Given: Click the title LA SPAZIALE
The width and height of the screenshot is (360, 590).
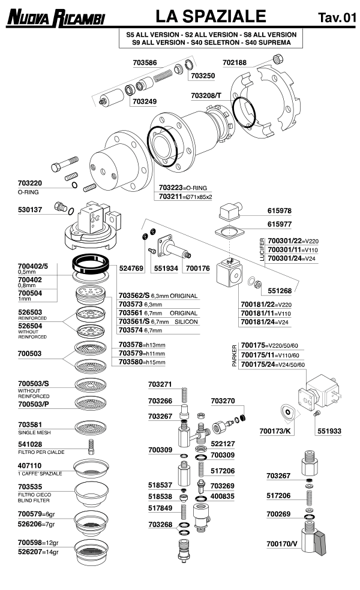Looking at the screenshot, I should click(x=210, y=15).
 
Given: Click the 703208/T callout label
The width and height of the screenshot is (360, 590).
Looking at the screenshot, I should click(x=206, y=95).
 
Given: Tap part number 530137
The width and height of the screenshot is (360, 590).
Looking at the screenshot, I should click(x=30, y=210).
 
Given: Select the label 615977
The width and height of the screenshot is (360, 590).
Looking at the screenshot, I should click(x=279, y=224).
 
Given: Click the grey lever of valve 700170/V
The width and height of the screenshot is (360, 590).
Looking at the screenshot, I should click(x=322, y=543).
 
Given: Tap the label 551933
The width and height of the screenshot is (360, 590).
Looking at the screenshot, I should click(x=329, y=431).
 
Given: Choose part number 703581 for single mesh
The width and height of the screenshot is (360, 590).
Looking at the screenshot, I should click(x=30, y=425).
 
